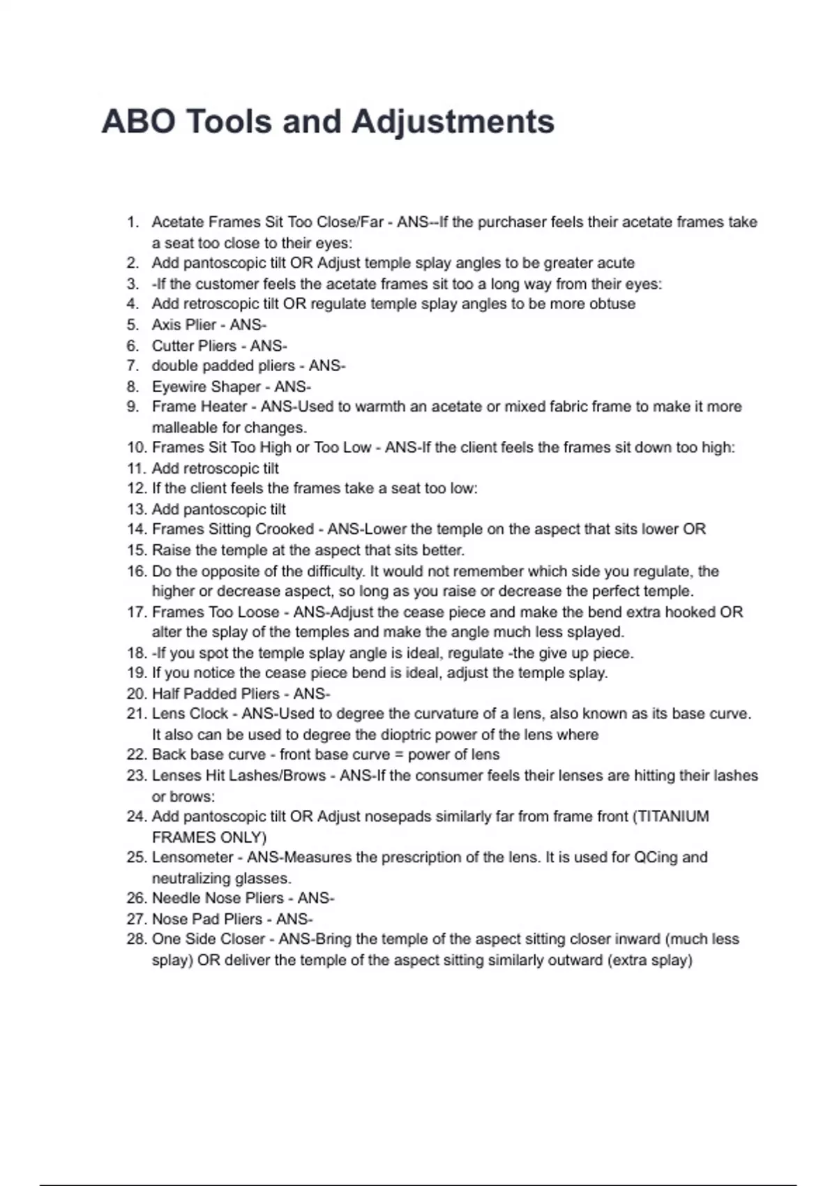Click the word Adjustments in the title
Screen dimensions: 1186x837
[453, 122]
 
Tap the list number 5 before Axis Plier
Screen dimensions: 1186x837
[133, 325]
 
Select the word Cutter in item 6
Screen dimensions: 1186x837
[174, 346]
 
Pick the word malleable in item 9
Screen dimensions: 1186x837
[183, 428]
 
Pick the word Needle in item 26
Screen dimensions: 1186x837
[173, 899]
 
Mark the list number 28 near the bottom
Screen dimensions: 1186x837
[135, 940]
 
